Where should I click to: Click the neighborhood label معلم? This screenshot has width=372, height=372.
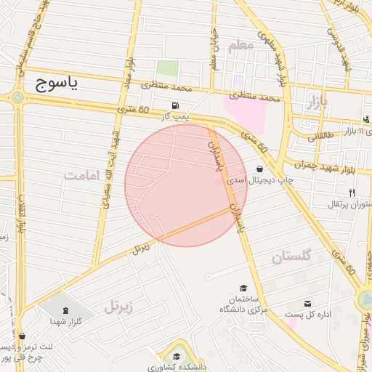(241, 46)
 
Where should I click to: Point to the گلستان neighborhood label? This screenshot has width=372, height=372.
(291, 256)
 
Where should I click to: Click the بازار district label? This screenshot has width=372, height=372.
(317, 100)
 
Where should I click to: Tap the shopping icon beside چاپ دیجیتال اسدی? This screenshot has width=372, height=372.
(259, 169)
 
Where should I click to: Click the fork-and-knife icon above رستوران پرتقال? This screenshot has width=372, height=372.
(352, 193)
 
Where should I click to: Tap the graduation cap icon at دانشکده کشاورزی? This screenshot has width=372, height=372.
(177, 356)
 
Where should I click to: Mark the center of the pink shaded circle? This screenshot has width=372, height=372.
(186, 185)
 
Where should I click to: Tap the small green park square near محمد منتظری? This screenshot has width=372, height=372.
(167, 69)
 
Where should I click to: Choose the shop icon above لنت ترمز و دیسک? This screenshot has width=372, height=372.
(22, 336)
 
